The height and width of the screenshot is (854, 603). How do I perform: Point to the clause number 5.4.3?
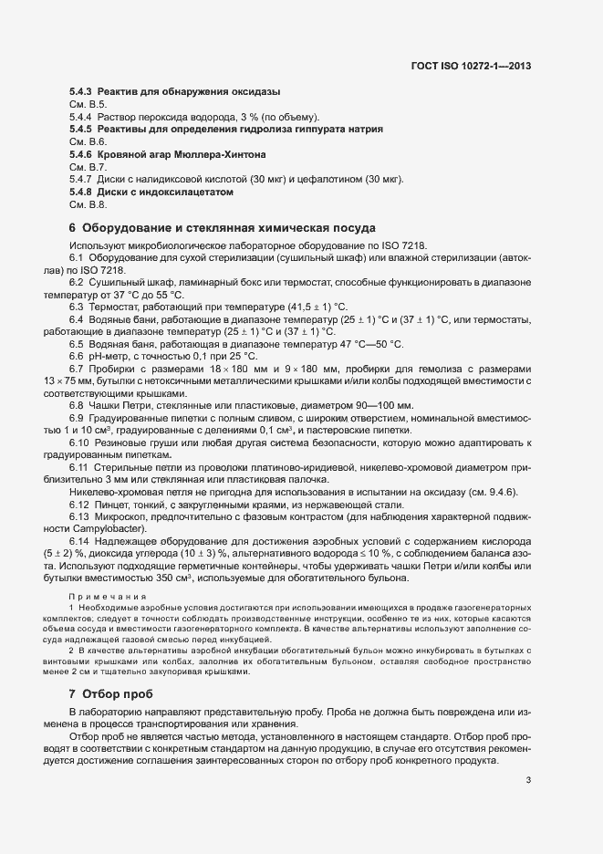pyautogui.click(x=81, y=92)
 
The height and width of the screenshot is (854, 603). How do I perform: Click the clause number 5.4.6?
pyautogui.click(x=81, y=155)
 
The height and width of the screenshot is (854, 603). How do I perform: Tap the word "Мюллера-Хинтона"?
pyautogui.click(x=224, y=155)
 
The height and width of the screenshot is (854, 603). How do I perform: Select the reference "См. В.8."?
pyautogui.click(x=88, y=206)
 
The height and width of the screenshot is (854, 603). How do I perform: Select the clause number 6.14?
pyautogui.click(x=80, y=541)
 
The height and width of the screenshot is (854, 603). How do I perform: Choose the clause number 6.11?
pyautogui.click(x=80, y=467)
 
